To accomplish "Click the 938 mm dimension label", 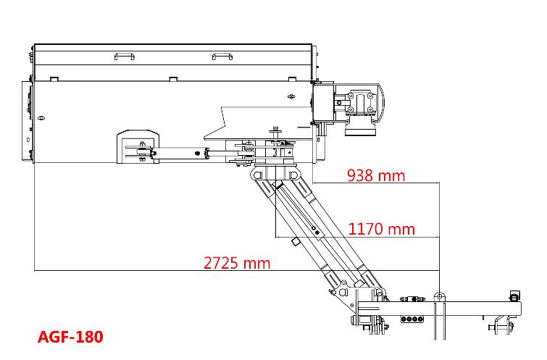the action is [376, 175].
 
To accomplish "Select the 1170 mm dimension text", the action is [382, 229].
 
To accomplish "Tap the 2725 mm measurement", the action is [237, 263].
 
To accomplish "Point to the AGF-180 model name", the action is [70, 337].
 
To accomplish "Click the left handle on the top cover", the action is [124, 56].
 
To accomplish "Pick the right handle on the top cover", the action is [222, 56].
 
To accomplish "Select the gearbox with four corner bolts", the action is [360, 104].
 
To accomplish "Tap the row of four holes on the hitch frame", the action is [412, 319].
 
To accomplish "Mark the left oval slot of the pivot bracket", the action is [258, 175].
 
